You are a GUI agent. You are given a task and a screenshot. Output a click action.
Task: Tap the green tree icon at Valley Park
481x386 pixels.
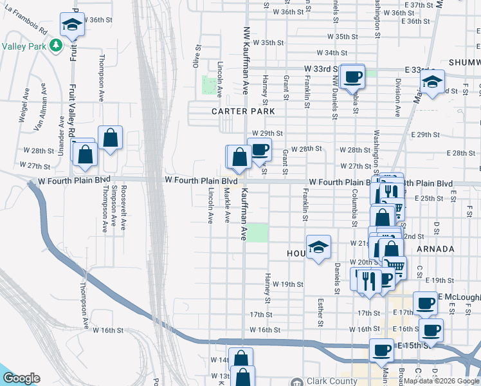tap(56, 46)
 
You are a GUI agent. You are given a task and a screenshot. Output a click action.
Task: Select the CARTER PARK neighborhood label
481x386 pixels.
tap(243, 111)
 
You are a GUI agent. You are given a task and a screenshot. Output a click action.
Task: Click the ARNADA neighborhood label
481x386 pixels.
tap(435, 248)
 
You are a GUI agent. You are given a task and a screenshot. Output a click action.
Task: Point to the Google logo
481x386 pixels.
tap(21, 378)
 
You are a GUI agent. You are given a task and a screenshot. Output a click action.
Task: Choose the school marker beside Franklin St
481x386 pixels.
tap(318, 247)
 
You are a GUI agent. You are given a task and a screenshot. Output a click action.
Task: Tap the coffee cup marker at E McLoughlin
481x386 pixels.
tap(424, 303)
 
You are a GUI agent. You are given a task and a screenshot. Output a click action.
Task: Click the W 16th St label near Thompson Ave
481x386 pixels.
tap(107, 330)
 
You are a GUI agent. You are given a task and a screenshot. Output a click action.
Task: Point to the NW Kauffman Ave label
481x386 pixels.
tap(245, 61)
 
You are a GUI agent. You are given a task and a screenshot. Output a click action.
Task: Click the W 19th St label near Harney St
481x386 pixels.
tap(287, 284)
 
